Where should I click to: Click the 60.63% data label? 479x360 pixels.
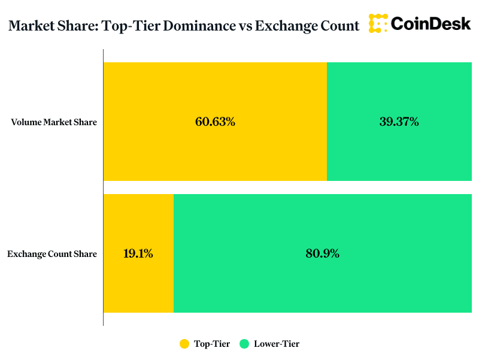click(x=215, y=122)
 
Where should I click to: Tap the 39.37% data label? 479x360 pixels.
click(x=399, y=122)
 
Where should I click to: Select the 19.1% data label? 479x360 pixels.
click(x=138, y=253)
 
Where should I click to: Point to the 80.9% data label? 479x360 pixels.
click(x=322, y=253)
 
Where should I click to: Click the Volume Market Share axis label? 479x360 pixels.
click(x=54, y=122)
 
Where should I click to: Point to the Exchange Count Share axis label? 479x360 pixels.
click(x=52, y=254)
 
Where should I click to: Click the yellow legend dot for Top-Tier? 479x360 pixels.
click(x=184, y=344)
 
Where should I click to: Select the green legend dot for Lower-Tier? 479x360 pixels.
click(x=244, y=344)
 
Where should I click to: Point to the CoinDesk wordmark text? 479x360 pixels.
click(x=431, y=23)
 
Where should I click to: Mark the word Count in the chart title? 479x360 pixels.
click(x=341, y=26)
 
